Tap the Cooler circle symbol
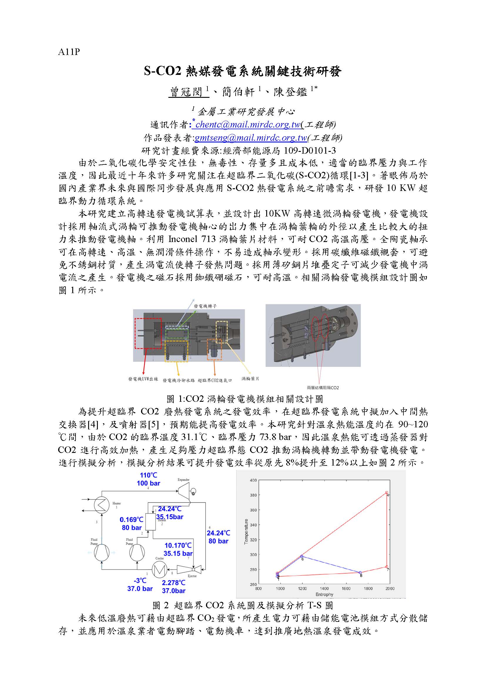[x=160, y=570]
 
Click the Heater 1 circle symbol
[x=101, y=505]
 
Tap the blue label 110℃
[x=148, y=475]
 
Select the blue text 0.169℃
[x=132, y=520]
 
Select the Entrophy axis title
[x=324, y=594]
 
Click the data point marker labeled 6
[x=302, y=556]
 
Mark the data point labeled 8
[x=360, y=573]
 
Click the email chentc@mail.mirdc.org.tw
[x=248, y=125]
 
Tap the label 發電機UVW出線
[x=143, y=379]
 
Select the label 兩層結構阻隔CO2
[x=323, y=388]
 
